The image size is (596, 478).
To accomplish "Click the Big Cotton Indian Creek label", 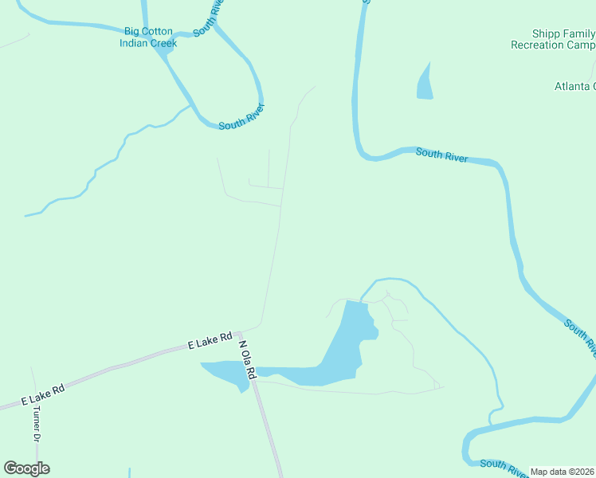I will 148,37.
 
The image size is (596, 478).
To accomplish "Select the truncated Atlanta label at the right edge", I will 574,86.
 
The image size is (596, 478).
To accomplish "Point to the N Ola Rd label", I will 246,359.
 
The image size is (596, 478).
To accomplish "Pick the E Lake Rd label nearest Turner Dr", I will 41,390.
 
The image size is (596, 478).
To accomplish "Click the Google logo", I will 26,468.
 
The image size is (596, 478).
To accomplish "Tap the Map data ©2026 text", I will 563,472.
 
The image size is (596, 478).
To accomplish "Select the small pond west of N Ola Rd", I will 225,372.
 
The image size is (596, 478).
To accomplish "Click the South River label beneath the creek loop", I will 241,117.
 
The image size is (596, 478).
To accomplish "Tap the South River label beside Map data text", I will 504,467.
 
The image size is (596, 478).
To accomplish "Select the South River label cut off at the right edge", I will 580,335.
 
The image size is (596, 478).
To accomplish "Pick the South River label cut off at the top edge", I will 208,17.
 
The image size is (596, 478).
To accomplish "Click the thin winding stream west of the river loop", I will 104,164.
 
